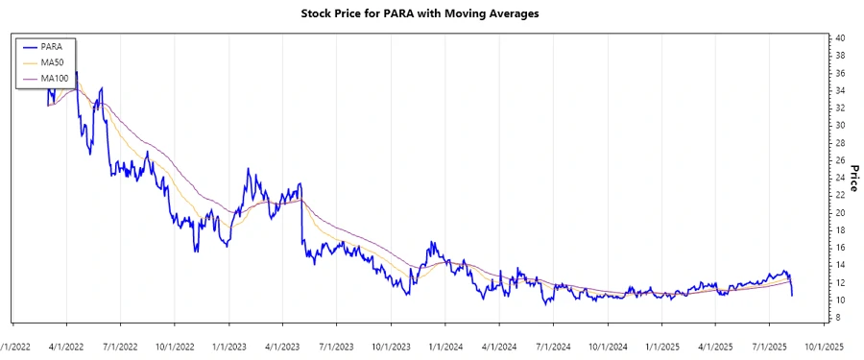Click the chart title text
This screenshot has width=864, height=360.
click(x=432, y=14)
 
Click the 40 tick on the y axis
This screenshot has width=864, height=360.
click(x=839, y=38)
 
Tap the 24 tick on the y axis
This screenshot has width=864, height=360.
click(x=839, y=178)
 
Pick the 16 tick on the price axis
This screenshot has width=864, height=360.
click(x=839, y=248)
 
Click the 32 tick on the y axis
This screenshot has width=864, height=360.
click(x=839, y=108)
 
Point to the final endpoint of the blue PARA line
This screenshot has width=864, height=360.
click(x=792, y=295)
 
